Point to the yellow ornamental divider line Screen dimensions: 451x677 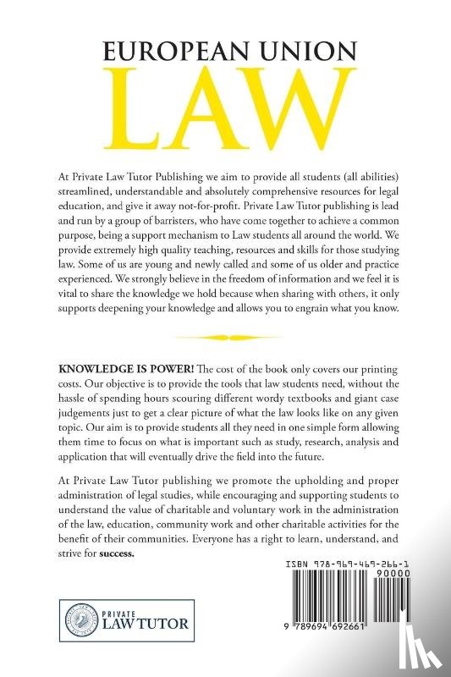[224, 337]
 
